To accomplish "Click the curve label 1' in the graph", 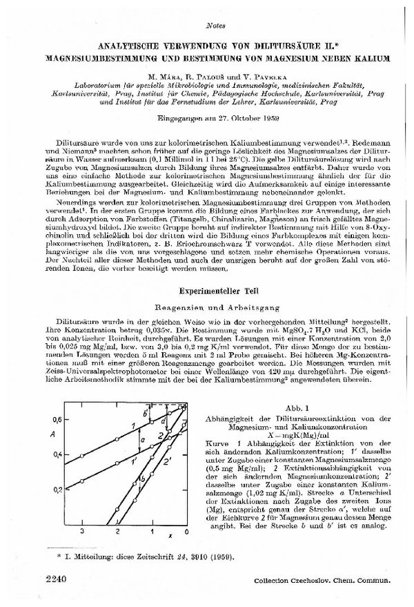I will [x=136, y=456].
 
